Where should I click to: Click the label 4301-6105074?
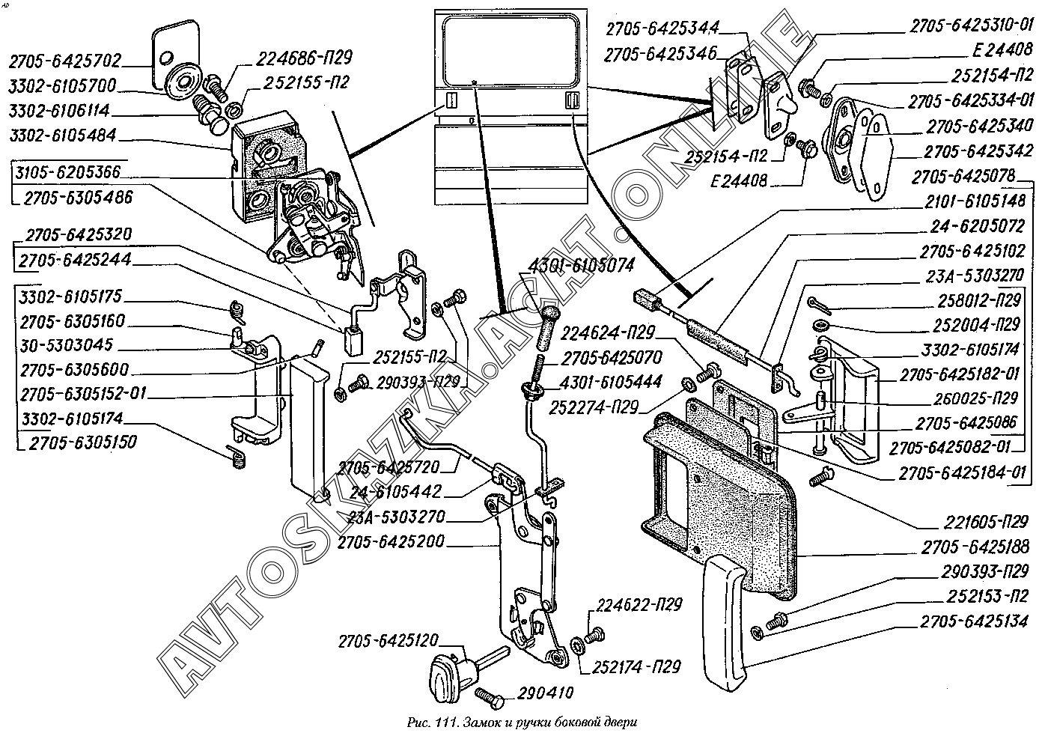click(582, 265)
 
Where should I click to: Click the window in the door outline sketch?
click(511, 51)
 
